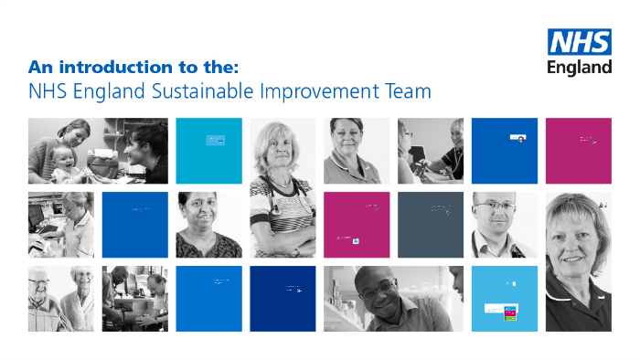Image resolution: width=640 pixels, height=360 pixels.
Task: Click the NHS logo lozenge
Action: click(580, 43)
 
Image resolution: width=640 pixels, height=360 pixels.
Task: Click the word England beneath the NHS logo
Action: click(580, 68)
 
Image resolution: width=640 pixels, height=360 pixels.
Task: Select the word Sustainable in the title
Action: click(204, 91)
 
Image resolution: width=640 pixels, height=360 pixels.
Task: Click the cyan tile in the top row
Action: click(208, 151)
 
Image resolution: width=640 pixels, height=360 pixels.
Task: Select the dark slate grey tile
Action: click(431, 225)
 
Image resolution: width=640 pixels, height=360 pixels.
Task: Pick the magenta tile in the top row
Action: click(579, 151)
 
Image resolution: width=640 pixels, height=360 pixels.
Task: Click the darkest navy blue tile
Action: click(283, 299)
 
